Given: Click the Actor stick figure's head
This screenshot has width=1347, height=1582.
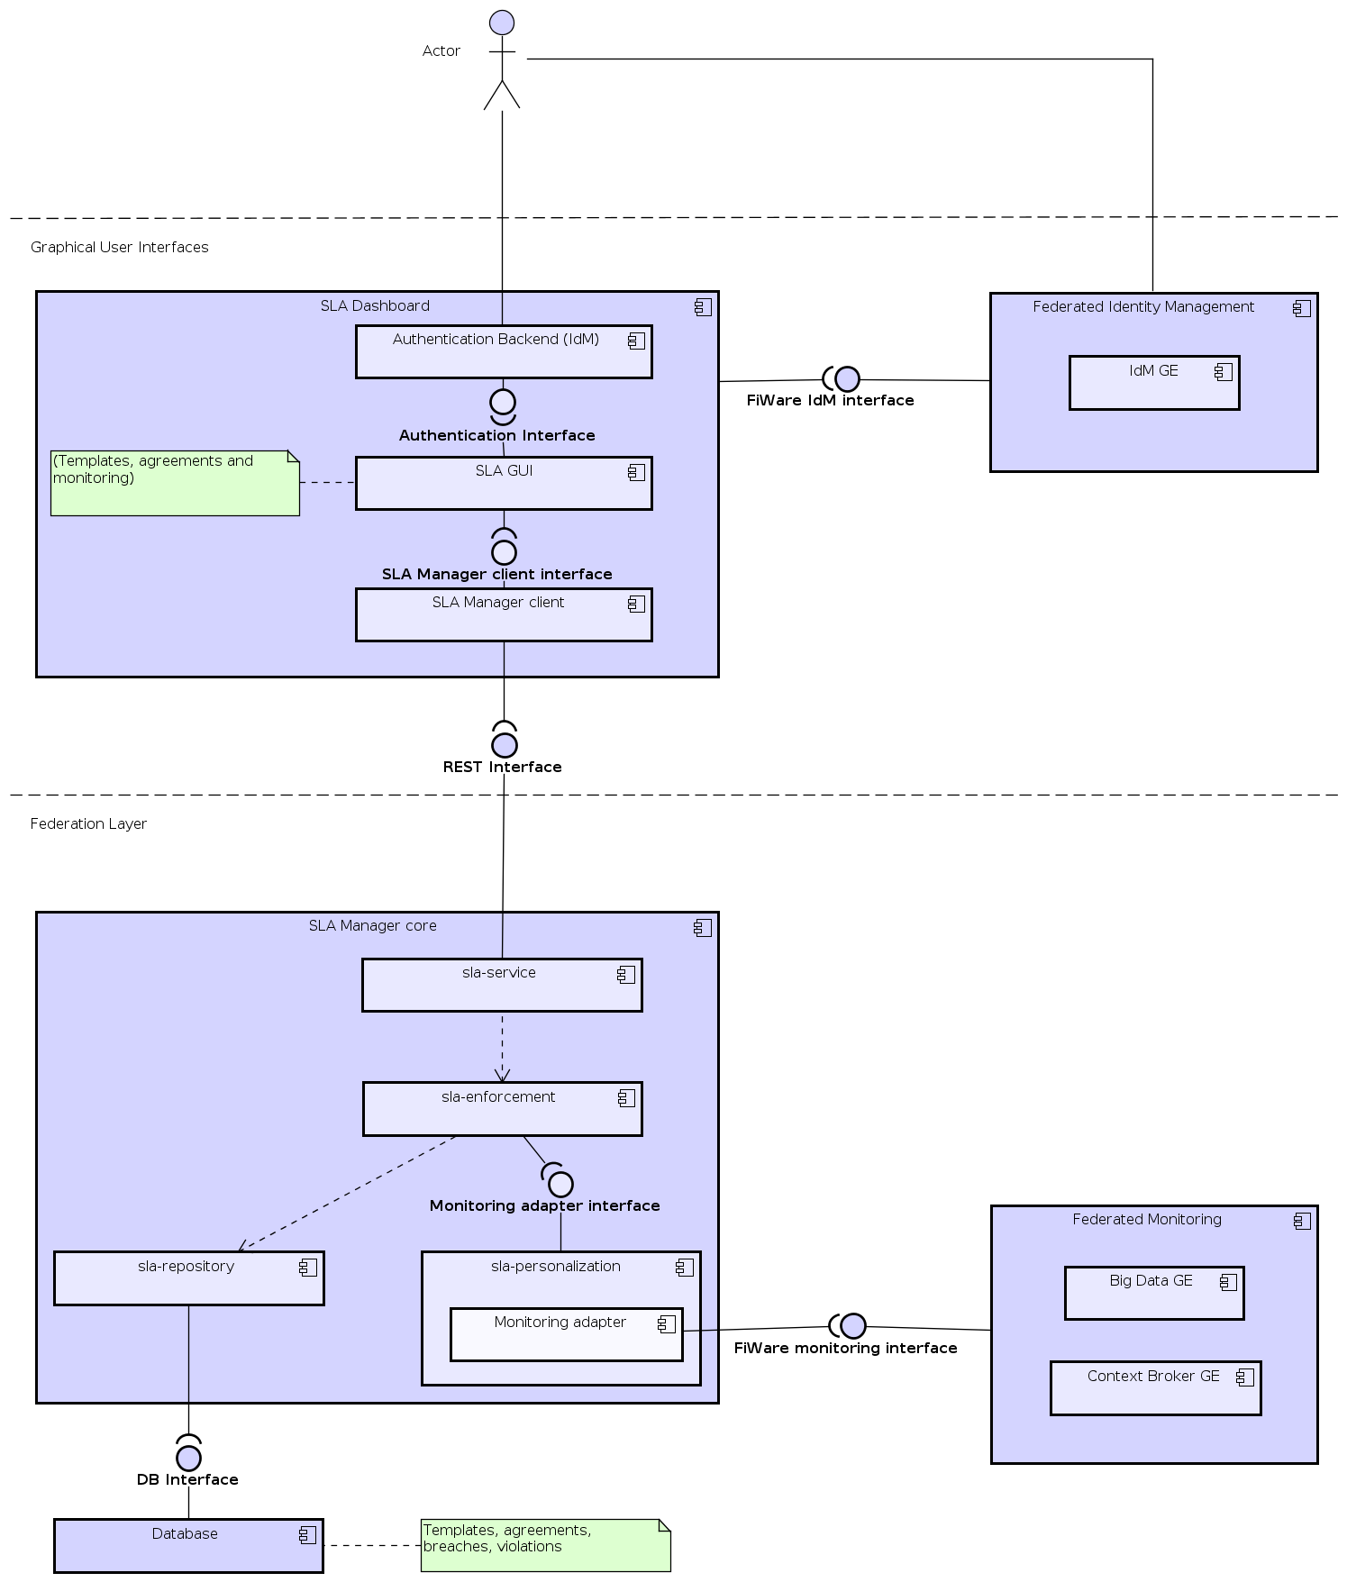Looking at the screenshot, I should point(502,23).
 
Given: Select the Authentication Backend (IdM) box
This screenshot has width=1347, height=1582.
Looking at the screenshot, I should point(503,352).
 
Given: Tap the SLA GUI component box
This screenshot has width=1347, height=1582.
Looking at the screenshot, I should point(503,484).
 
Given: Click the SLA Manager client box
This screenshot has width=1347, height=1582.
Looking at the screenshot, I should point(503,615).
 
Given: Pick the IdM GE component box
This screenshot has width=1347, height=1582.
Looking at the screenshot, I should point(1153,383).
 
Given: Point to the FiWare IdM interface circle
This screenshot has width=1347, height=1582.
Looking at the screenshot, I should point(847,379).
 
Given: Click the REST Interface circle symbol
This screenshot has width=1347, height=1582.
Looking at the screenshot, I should point(505,745).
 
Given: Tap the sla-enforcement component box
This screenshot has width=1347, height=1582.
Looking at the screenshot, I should point(502,1109).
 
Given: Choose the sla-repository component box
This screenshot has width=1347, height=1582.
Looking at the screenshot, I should point(188,1278).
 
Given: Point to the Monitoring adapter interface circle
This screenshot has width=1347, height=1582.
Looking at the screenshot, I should point(560,1184).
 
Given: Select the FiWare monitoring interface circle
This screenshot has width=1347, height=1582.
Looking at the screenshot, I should point(853,1326).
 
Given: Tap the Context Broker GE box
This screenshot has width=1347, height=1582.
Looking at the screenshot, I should point(1155,1388).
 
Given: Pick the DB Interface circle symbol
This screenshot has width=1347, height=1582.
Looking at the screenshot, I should point(188,1458).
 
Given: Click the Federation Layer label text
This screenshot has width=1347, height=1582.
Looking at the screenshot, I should point(88,823).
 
